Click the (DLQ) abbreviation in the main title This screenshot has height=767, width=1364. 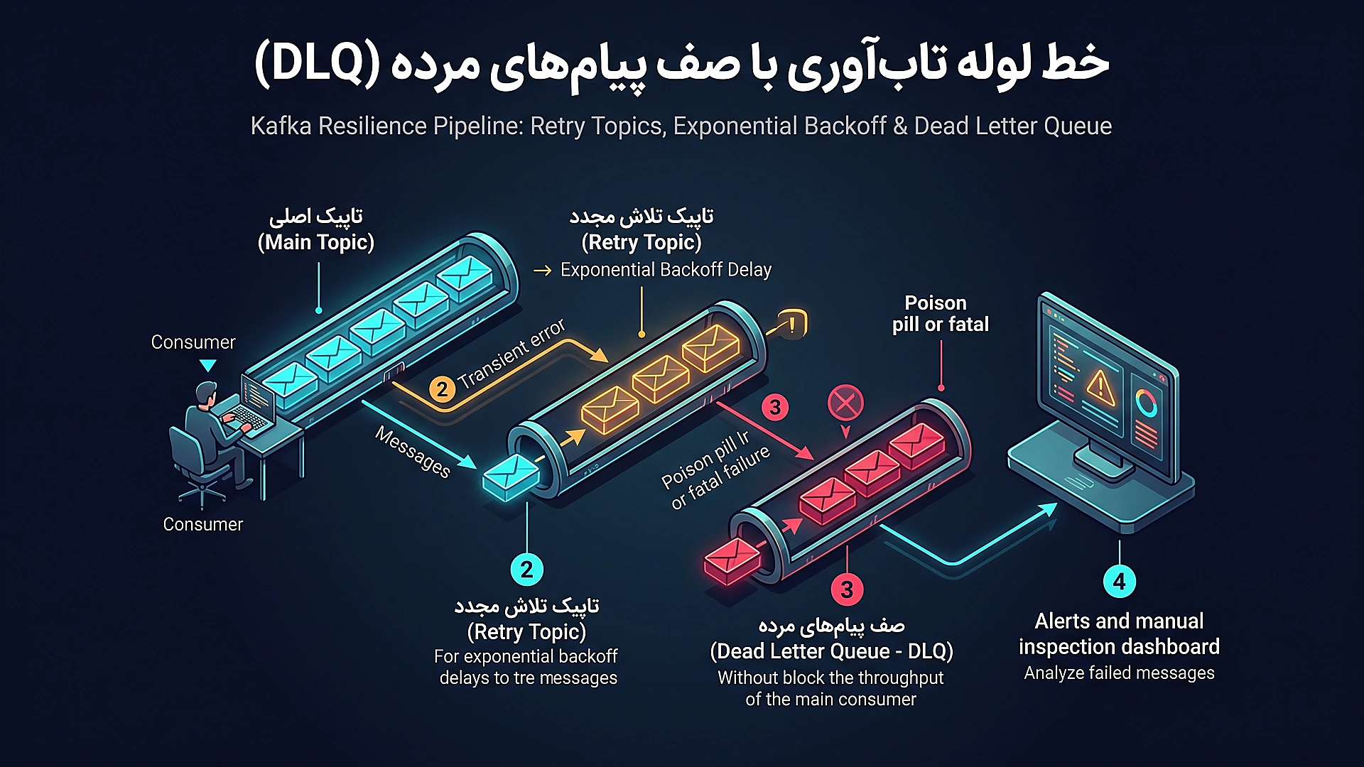[x=318, y=64]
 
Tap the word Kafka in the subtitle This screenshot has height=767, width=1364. [x=281, y=126]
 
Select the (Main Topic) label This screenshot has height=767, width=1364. [x=316, y=242]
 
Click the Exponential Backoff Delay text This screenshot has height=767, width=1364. [x=666, y=270]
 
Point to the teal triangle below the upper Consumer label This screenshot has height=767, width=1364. [x=207, y=366]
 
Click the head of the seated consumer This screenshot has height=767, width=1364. [x=206, y=393]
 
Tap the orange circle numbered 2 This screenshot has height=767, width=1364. [x=442, y=389]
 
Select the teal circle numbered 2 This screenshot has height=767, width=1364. [x=526, y=570]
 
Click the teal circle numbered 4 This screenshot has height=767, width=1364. [x=1120, y=582]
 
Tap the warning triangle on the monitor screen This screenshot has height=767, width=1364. [x=1100, y=386]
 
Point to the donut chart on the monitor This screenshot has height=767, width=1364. [x=1146, y=403]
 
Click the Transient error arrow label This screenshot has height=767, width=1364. [x=511, y=354]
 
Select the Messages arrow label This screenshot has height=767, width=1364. [x=413, y=452]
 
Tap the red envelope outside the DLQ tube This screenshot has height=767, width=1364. [x=732, y=561]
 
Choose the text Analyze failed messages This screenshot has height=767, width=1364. [x=1120, y=673]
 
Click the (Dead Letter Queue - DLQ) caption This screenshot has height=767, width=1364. [x=831, y=651]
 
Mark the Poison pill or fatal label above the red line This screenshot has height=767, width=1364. [x=940, y=314]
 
